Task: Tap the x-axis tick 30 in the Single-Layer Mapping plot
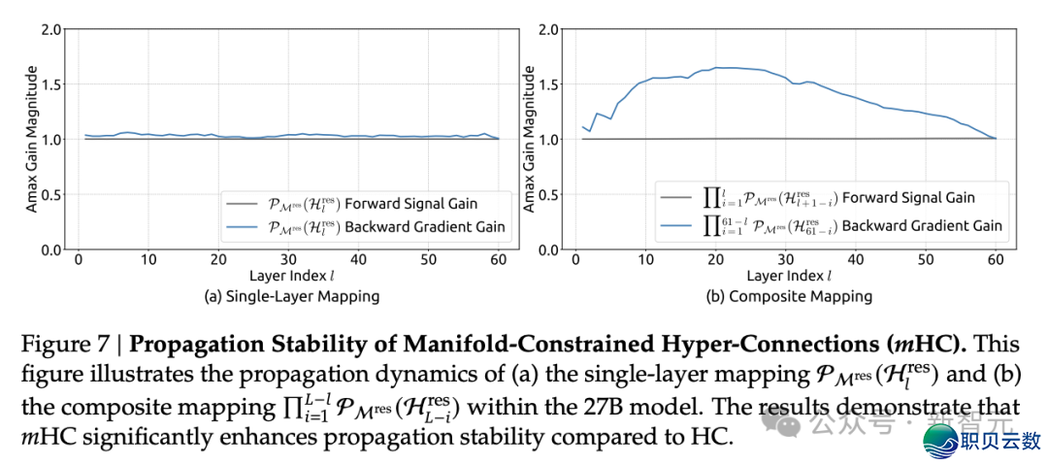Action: [x=287, y=260]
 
